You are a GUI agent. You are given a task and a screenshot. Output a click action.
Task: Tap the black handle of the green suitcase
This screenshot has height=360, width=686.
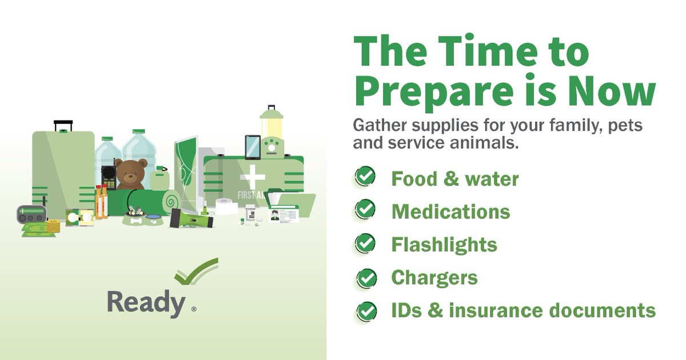pos(63,125)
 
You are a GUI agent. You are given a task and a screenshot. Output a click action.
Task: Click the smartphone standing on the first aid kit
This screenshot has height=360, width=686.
pos(252,147)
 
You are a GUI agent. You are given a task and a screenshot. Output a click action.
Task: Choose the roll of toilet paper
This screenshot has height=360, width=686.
pos(227,206)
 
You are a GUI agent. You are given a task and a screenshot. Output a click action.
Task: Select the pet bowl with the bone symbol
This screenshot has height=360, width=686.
pos(137,221)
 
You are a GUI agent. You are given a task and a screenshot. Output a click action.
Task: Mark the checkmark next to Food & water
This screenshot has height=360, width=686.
pos(365,177)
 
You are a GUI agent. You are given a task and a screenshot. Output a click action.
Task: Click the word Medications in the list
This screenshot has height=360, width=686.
pos(450,212)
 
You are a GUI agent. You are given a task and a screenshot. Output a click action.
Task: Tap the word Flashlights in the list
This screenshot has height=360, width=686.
pos(444,245)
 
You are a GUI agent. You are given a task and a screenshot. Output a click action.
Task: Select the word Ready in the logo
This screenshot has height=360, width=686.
pos(146,303)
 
